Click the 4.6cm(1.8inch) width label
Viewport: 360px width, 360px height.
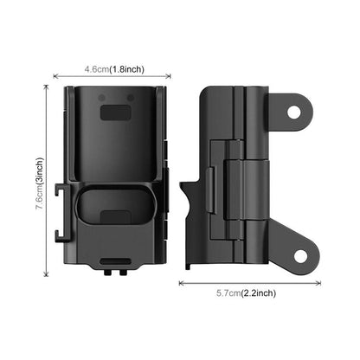tap(114, 69)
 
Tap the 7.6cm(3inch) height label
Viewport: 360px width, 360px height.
tap(40, 183)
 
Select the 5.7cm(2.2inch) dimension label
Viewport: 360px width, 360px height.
tap(246, 293)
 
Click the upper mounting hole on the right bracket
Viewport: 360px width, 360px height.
tap(293, 112)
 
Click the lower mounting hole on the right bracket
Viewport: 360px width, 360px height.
tap(300, 256)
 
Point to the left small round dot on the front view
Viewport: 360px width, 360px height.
tap(101, 98)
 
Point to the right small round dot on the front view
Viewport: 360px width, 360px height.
tap(131, 98)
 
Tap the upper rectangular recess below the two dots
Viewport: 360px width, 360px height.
tap(116, 112)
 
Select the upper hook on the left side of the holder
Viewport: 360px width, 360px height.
tap(62, 190)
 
